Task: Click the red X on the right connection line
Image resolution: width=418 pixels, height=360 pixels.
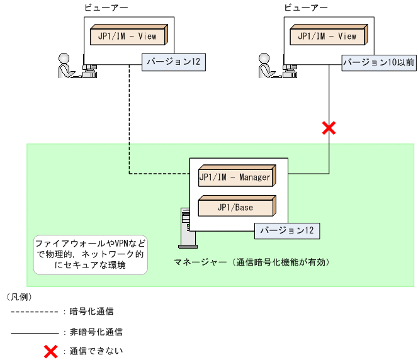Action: coord(329,128)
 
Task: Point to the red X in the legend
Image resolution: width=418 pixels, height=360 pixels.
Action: coord(50,351)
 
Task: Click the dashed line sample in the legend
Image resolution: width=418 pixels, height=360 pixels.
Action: coord(35,312)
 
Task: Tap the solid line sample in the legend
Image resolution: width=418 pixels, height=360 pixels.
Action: coord(35,331)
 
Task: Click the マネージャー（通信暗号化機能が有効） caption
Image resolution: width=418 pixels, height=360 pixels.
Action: coord(252,261)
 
